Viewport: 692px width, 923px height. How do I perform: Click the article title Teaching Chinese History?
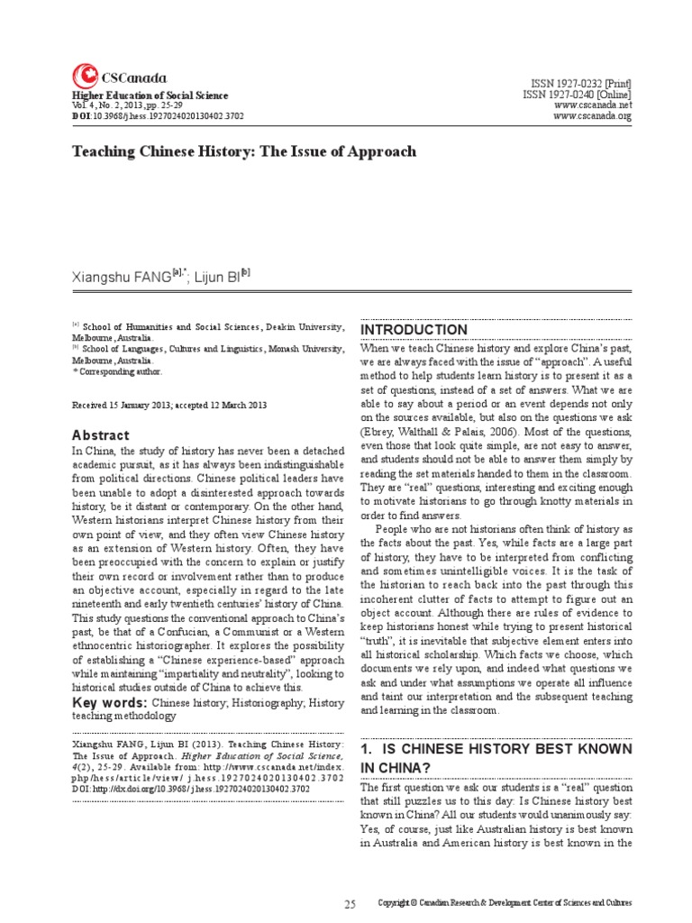click(x=244, y=151)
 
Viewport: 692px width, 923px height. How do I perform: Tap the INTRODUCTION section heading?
click(x=414, y=330)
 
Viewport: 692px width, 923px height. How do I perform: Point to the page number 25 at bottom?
click(x=351, y=902)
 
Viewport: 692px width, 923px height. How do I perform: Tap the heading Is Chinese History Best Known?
click(x=495, y=757)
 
